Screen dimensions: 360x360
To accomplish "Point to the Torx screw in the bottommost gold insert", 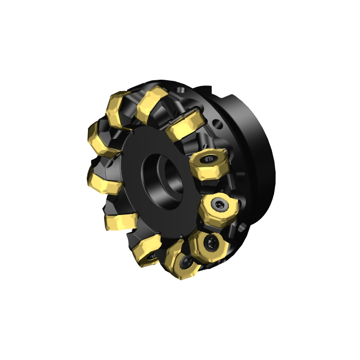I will [184, 264].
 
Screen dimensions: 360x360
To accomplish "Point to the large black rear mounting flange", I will [257, 154].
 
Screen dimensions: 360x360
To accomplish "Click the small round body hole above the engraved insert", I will [219, 124].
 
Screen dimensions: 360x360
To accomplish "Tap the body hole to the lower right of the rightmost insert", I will [242, 226].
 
